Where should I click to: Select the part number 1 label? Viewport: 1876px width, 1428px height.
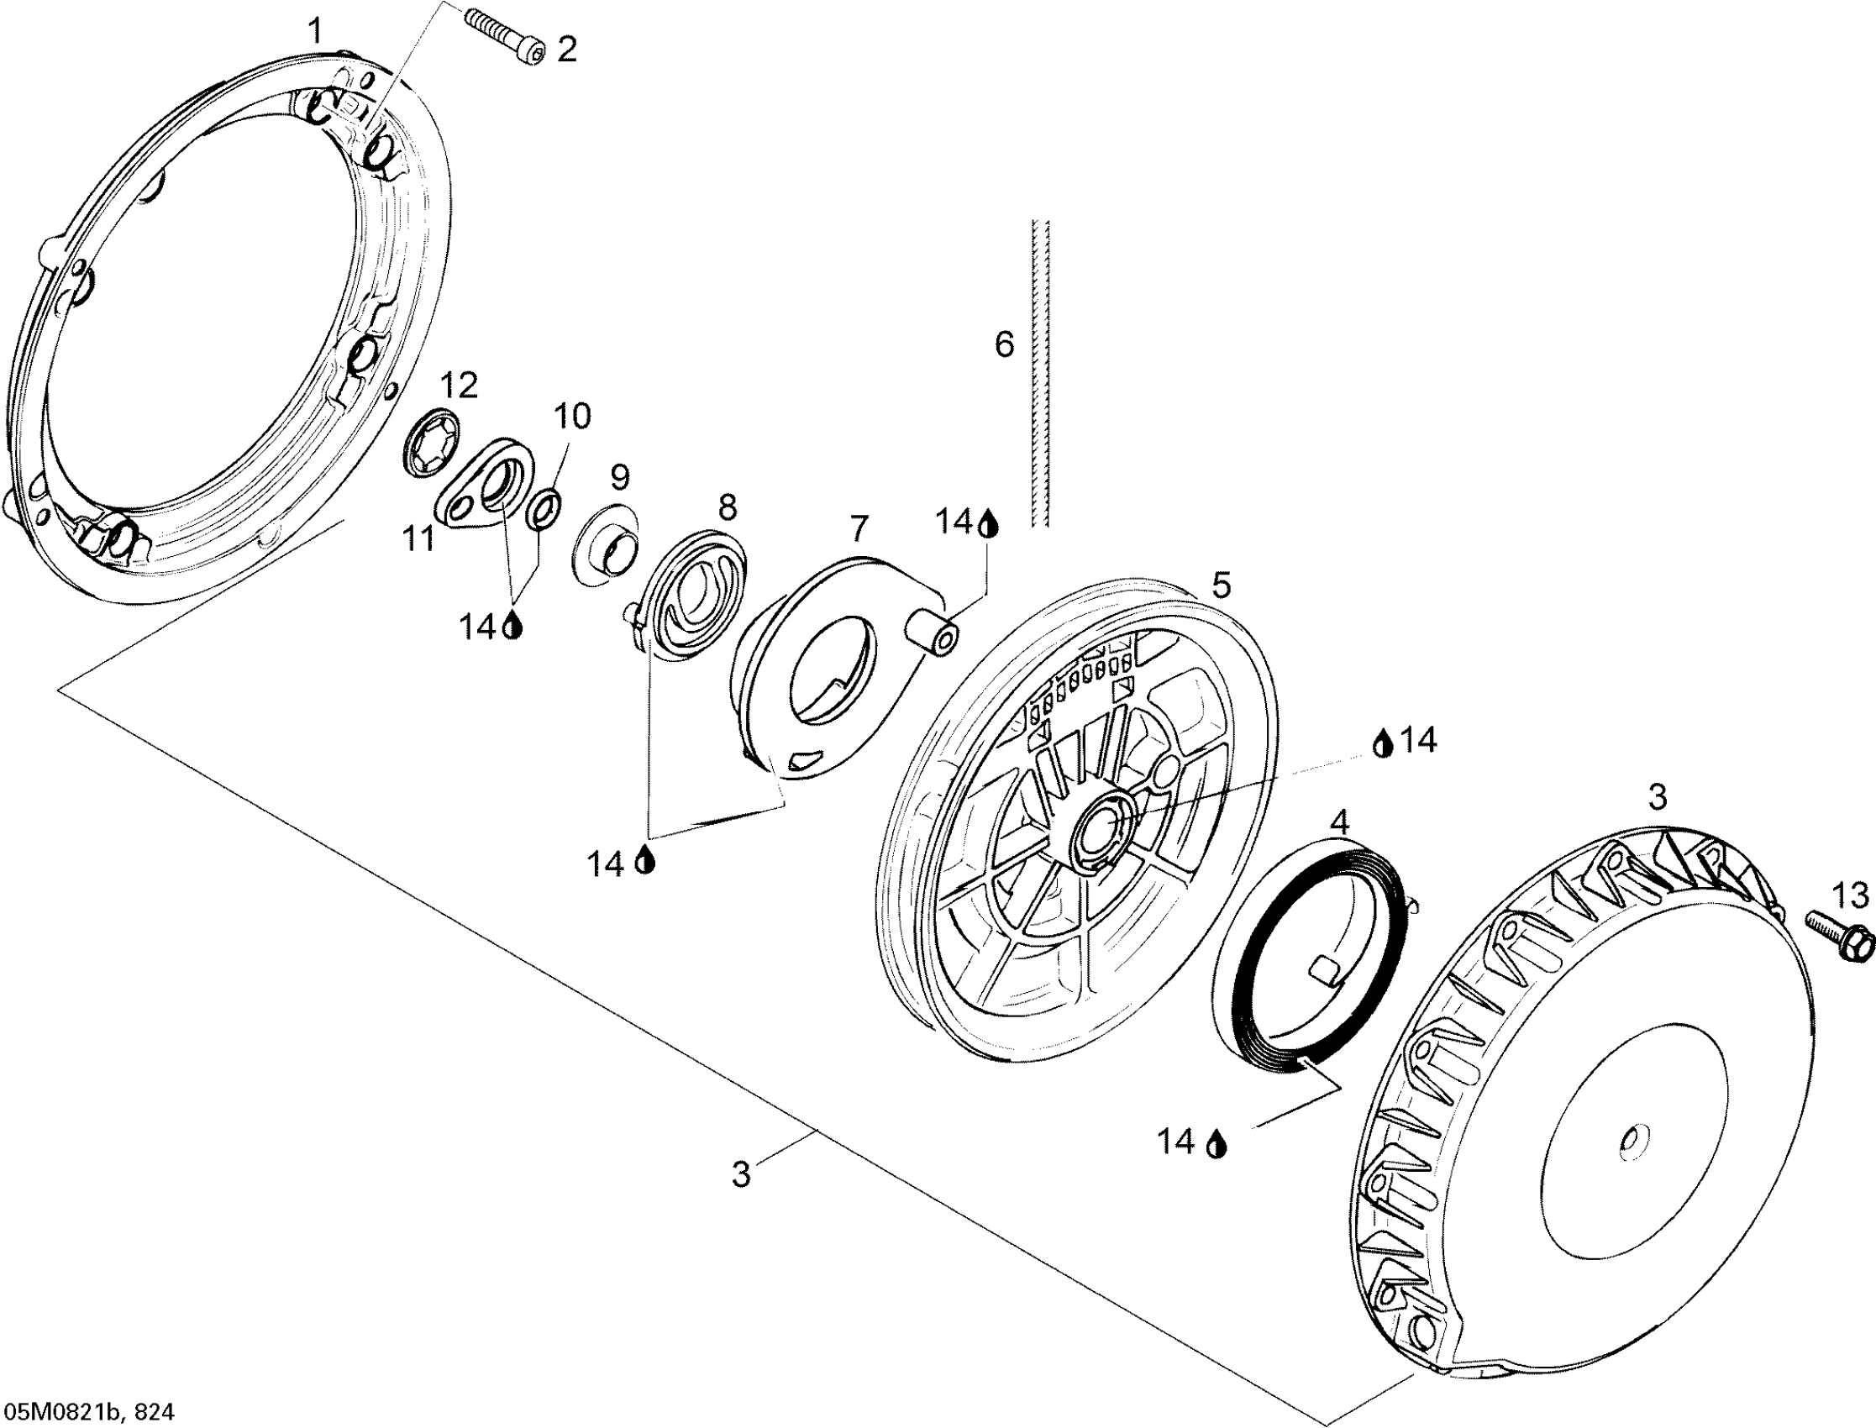click(315, 32)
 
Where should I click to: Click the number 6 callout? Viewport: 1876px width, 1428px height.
click(1004, 345)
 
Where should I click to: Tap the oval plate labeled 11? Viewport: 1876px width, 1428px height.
click(482, 488)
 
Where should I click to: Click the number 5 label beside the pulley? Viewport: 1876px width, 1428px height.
click(1221, 585)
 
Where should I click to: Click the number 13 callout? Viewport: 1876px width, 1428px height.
click(1851, 895)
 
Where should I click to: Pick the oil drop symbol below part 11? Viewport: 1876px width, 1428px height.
click(512, 627)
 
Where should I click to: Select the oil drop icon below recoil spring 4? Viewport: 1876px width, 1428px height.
click(1218, 1143)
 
